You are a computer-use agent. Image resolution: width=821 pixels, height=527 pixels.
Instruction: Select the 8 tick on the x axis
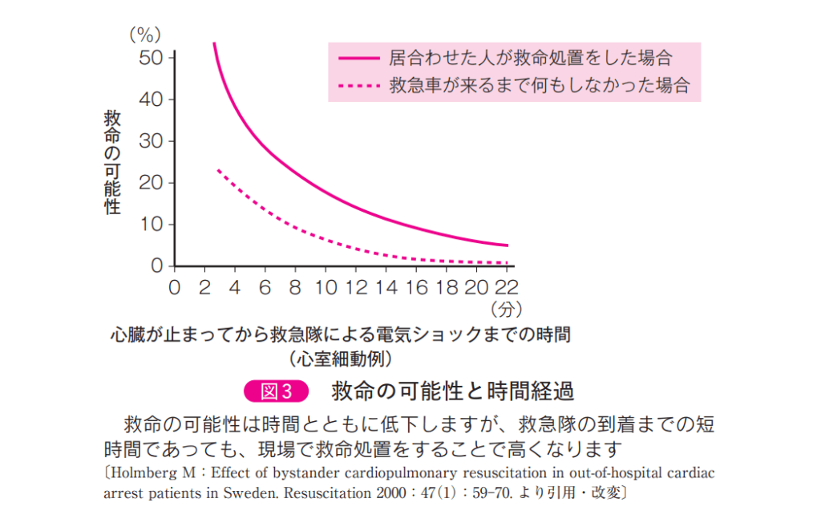pyautogui.click(x=296, y=286)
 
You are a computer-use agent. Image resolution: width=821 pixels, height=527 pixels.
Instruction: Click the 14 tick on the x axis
pyautogui.click(x=386, y=286)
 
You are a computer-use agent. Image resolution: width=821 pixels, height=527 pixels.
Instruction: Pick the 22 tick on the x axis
pyautogui.click(x=507, y=286)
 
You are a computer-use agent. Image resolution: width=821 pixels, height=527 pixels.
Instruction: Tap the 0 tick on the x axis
pyautogui.click(x=175, y=286)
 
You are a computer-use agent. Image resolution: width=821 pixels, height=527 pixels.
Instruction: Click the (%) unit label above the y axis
pyautogui.click(x=146, y=34)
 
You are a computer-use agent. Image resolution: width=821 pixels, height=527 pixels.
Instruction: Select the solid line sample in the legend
pyautogui.click(x=358, y=58)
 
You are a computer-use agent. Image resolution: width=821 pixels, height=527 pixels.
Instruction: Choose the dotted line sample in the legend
pyautogui.click(x=358, y=85)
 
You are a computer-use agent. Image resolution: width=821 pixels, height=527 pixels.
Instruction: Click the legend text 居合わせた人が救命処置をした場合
pyautogui.click(x=529, y=58)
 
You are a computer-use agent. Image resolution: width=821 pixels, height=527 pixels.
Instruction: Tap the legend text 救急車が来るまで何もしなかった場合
pyautogui.click(x=539, y=85)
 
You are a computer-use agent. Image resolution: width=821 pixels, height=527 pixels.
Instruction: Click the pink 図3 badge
pyautogui.click(x=276, y=391)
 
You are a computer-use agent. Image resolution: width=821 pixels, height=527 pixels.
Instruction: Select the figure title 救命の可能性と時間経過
pyautogui.click(x=453, y=391)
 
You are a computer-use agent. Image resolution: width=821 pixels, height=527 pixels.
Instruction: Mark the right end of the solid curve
pyautogui.click(x=507, y=245)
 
